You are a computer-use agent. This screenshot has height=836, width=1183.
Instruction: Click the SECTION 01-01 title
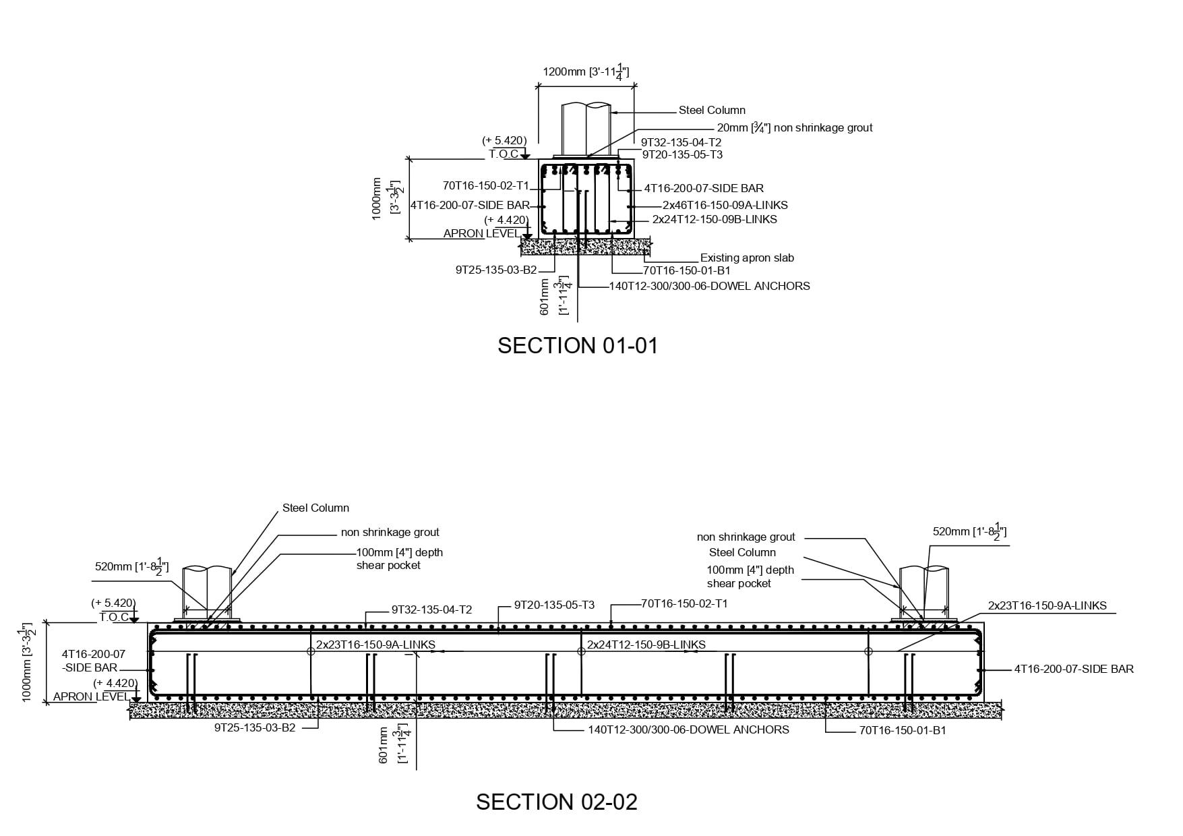577,345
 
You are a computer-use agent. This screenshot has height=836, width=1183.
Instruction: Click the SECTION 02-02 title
556,802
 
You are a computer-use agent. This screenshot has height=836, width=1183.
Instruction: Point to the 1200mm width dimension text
586,72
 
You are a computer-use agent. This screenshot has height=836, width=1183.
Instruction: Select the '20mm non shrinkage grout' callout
794,127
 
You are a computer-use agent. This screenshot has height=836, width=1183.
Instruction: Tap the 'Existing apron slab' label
747,258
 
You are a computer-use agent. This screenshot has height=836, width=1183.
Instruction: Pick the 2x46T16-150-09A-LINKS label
725,205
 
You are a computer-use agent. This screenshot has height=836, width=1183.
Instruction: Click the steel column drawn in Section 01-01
586,128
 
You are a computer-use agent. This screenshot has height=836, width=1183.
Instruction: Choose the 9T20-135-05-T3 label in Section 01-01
682,154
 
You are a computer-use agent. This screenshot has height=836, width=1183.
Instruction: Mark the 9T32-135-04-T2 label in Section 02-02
431,609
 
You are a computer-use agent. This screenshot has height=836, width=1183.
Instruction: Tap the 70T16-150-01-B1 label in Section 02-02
903,730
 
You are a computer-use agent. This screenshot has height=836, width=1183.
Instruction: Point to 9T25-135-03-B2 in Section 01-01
496,270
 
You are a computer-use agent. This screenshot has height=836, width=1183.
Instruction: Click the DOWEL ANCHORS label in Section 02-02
688,729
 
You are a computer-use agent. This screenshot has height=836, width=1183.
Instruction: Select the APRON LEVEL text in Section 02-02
91,696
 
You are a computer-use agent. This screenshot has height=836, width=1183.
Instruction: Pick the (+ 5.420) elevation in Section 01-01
504,140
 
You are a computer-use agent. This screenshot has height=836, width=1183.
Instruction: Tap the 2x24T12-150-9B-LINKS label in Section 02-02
646,645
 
